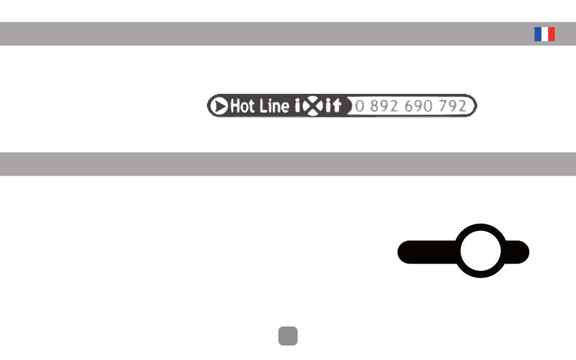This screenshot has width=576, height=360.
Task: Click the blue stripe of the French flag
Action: point(538,34)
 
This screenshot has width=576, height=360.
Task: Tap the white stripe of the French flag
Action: point(545,34)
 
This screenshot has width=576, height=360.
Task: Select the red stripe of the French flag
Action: point(552,34)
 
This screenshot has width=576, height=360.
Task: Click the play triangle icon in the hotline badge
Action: point(219,106)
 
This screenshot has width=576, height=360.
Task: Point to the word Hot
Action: point(243,106)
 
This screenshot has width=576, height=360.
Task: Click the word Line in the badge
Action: point(274,106)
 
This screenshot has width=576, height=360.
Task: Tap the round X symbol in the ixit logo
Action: point(313,106)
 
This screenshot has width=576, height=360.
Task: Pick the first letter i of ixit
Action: point(298,106)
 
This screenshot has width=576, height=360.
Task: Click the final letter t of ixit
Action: point(337,106)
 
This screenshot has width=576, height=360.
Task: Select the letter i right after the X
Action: point(327,106)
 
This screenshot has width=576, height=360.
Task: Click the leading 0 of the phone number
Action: point(360,106)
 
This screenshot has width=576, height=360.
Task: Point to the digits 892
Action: point(384,106)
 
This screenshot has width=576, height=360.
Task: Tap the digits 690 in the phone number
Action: point(418,106)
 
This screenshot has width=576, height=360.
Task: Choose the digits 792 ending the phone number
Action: point(452,106)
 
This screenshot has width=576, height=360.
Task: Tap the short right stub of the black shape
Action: point(517,252)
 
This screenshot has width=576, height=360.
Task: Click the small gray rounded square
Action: point(288,336)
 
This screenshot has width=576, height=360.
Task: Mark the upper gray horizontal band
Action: point(288,34)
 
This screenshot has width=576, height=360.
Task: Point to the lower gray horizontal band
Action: point(288,164)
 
